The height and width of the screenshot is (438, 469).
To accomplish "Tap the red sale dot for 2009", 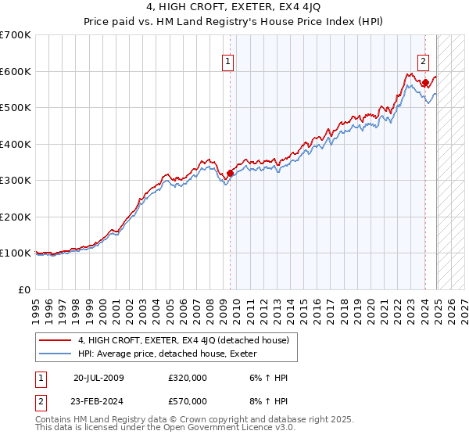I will coord(230,174).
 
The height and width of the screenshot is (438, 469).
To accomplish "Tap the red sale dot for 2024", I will coord(425,83).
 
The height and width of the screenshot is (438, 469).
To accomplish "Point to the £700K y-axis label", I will coord(16,35).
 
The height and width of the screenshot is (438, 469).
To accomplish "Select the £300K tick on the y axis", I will coord(16,181).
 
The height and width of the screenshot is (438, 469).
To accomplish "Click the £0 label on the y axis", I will coord(24,289).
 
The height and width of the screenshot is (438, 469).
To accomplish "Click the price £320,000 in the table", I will coord(188,377).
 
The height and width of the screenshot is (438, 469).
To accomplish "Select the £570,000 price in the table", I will coord(188,400).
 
